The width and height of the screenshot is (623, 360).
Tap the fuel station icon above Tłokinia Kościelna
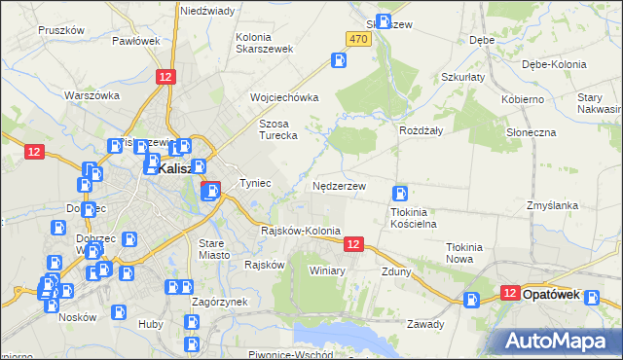(x=399, y=194)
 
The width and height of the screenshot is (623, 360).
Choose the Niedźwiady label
(x=207, y=11)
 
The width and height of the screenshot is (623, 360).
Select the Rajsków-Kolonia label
(x=301, y=232)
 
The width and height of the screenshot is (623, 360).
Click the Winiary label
(x=327, y=270)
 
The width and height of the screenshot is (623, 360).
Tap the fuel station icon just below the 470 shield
(x=339, y=60)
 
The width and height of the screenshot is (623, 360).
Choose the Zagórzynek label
(x=219, y=303)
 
